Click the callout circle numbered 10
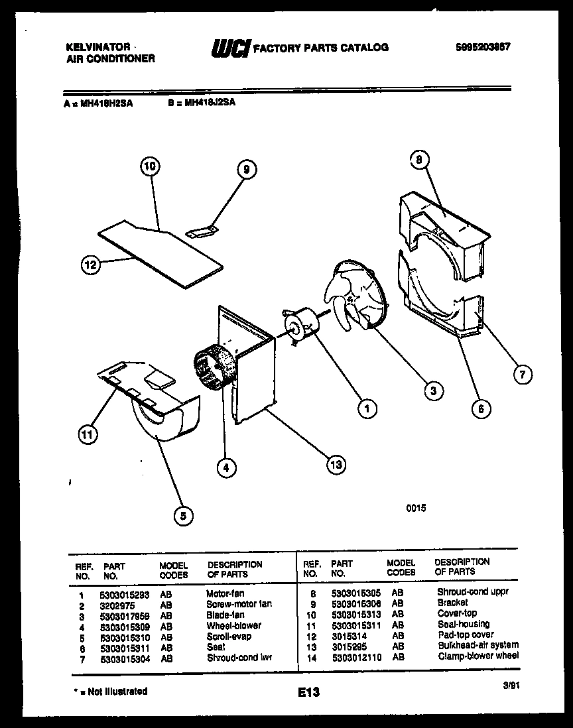pos(151,167)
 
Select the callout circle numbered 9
pos(245,170)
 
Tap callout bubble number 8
pos(419,159)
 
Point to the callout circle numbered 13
pos(337,463)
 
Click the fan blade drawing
pos(354,294)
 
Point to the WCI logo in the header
pos(229,48)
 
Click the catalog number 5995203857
pos(483,47)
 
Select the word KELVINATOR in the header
pos(97,48)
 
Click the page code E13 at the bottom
pos(308,692)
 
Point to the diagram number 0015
pos(415,509)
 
